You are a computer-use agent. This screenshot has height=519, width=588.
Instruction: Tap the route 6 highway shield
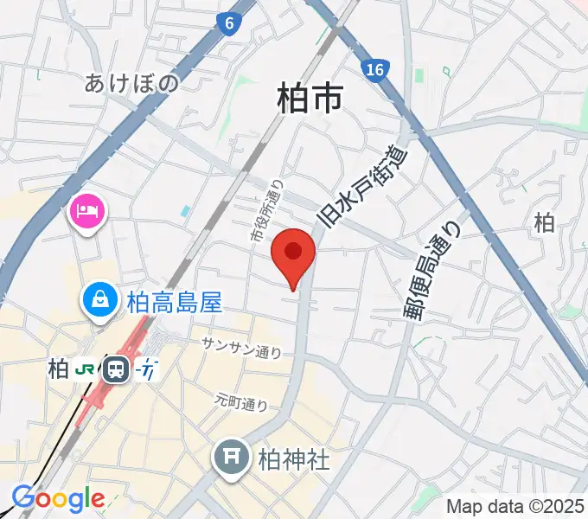[227, 25]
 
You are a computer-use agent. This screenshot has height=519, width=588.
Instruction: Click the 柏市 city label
[310, 98]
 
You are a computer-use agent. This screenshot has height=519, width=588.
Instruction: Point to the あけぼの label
[132, 83]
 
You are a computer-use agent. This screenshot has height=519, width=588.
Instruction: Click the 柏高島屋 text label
[175, 302]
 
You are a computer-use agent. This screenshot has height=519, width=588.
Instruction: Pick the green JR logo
[86, 369]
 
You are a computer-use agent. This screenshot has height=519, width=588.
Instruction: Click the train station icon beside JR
[115, 370]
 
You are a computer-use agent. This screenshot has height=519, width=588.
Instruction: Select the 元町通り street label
[241, 402]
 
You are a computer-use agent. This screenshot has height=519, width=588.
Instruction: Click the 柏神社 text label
[294, 458]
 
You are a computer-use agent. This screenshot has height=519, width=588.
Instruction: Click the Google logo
[58, 498]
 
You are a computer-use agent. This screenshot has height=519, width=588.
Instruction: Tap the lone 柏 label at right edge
[544, 223]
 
